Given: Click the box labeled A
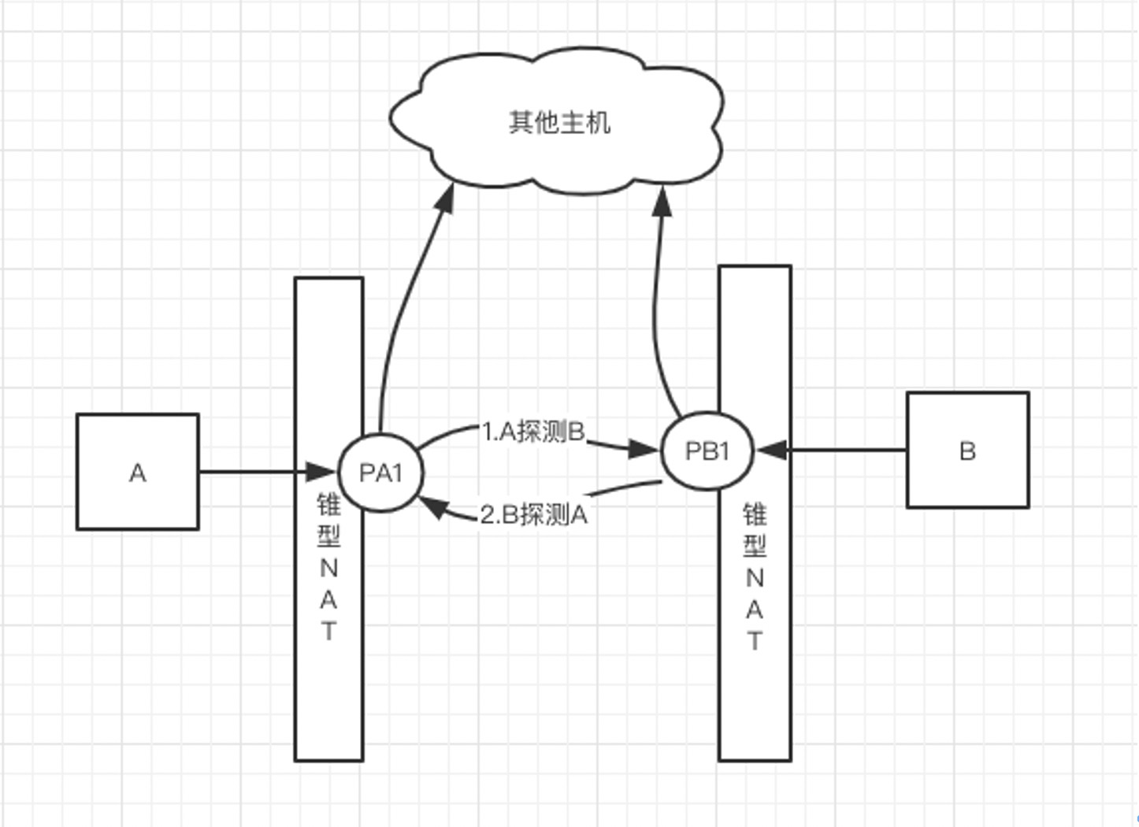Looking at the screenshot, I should coord(137,472).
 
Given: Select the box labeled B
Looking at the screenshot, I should coord(967,450).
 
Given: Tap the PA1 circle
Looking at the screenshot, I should coord(380,473).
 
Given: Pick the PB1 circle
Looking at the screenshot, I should coord(707,451).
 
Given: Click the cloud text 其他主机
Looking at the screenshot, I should coord(559,122).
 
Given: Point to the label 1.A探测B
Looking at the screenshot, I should coord(533,432).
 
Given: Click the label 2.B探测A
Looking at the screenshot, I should coord(533,514).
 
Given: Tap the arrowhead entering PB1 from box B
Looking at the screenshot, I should coord(770,451).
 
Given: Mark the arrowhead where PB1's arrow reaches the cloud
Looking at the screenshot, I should coord(663,201).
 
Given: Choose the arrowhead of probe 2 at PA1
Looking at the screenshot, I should coord(434,508).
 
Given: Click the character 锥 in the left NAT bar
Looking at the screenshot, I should coord(328,504).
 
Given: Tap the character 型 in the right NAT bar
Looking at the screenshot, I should coord(755,545).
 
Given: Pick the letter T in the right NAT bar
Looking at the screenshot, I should coord(755,641).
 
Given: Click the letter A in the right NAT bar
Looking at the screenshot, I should coord(755,610).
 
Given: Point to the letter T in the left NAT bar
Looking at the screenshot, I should coord(328,631).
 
